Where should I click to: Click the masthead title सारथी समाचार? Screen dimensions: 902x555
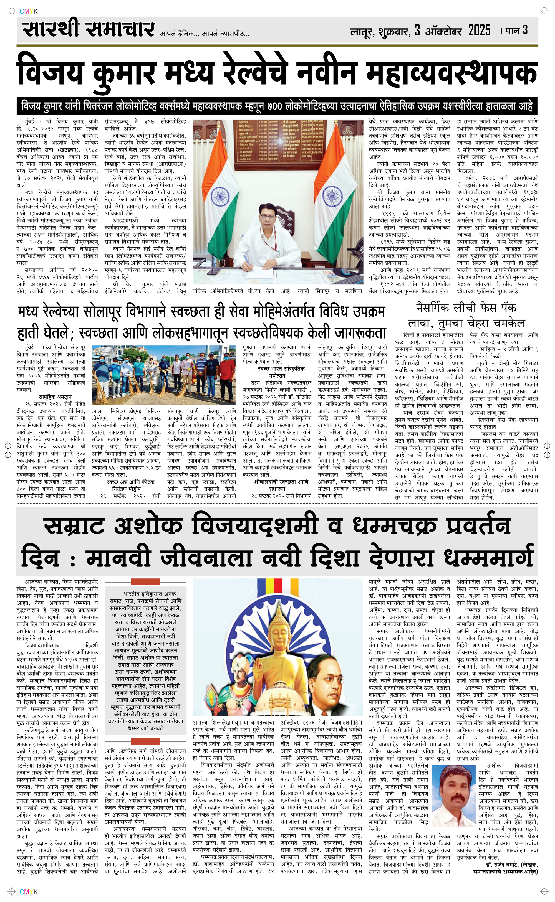click(88, 29)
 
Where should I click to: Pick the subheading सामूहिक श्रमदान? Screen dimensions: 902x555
click(55, 397)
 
